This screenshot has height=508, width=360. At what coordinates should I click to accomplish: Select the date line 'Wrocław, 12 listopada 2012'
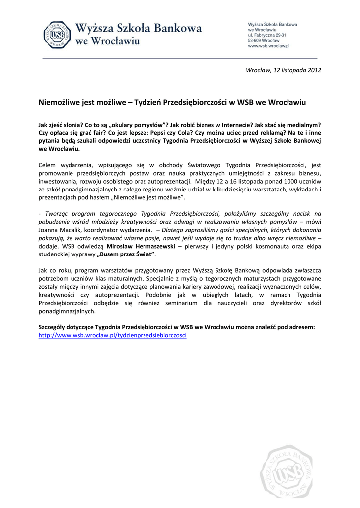point(284,70)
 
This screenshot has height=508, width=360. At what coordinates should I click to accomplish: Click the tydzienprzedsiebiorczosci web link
point(112,335)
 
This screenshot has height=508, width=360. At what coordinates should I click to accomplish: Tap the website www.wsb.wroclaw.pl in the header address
point(268,45)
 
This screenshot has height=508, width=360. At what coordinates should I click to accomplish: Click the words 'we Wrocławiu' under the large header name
point(107,41)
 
